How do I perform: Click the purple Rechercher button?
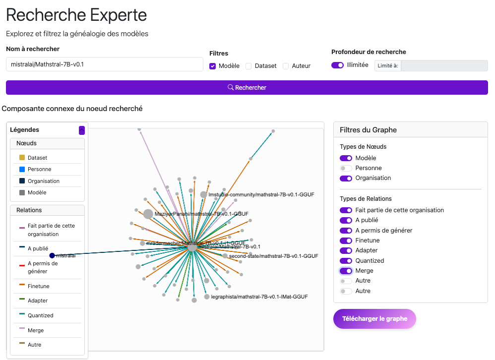247,87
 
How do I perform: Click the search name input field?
104,64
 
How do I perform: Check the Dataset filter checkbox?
249,66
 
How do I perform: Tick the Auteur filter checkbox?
286,66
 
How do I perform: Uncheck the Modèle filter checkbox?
212,66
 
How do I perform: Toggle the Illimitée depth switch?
337,65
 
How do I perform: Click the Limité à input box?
444,65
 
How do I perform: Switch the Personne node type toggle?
346,168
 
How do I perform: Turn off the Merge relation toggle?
346,271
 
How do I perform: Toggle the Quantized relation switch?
346,261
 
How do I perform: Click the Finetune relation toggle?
346,240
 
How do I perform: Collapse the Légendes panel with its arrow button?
82,130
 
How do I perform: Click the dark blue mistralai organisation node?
52,255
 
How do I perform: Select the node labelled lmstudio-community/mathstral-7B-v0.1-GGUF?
203,195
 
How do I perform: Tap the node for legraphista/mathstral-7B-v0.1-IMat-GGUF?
207,297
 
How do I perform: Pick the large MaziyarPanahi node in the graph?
148,214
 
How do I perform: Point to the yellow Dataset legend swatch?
22,158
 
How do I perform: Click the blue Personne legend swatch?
22,169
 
